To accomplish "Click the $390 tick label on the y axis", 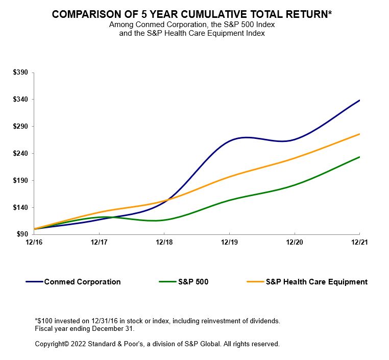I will [x=20, y=73].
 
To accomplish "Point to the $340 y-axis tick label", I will [x=20, y=100].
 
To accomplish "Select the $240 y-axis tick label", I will [x=20, y=153].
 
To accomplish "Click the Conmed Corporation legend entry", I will [x=82, y=282].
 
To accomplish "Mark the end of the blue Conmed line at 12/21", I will [x=359, y=101].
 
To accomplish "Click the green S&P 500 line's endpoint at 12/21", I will [x=359, y=157].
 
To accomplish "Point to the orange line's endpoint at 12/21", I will [x=359, y=134].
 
